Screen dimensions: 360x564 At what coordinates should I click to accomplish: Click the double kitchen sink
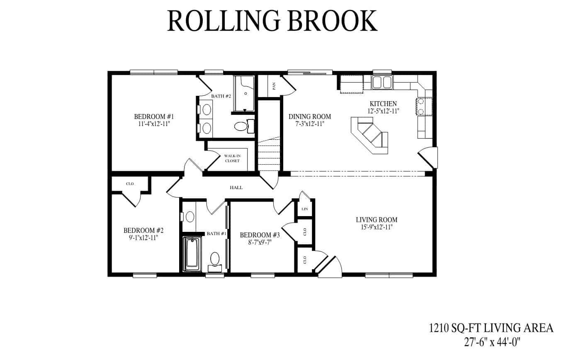[382, 82]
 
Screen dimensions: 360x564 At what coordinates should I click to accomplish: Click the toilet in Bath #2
[241, 126]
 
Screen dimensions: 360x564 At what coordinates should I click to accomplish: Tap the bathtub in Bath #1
[192, 253]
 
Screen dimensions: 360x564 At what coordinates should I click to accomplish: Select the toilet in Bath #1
[215, 259]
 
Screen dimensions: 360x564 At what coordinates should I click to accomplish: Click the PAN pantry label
[274, 86]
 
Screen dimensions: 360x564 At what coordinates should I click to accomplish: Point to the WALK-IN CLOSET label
[232, 158]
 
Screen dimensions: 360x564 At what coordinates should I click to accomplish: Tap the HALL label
[236, 187]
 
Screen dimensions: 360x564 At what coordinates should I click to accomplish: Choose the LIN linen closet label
[305, 209]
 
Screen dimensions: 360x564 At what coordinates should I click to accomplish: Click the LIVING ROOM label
[377, 220]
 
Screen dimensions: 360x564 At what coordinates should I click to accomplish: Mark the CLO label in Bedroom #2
[130, 184]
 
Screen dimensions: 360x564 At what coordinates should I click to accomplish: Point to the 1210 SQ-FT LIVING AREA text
[491, 328]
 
